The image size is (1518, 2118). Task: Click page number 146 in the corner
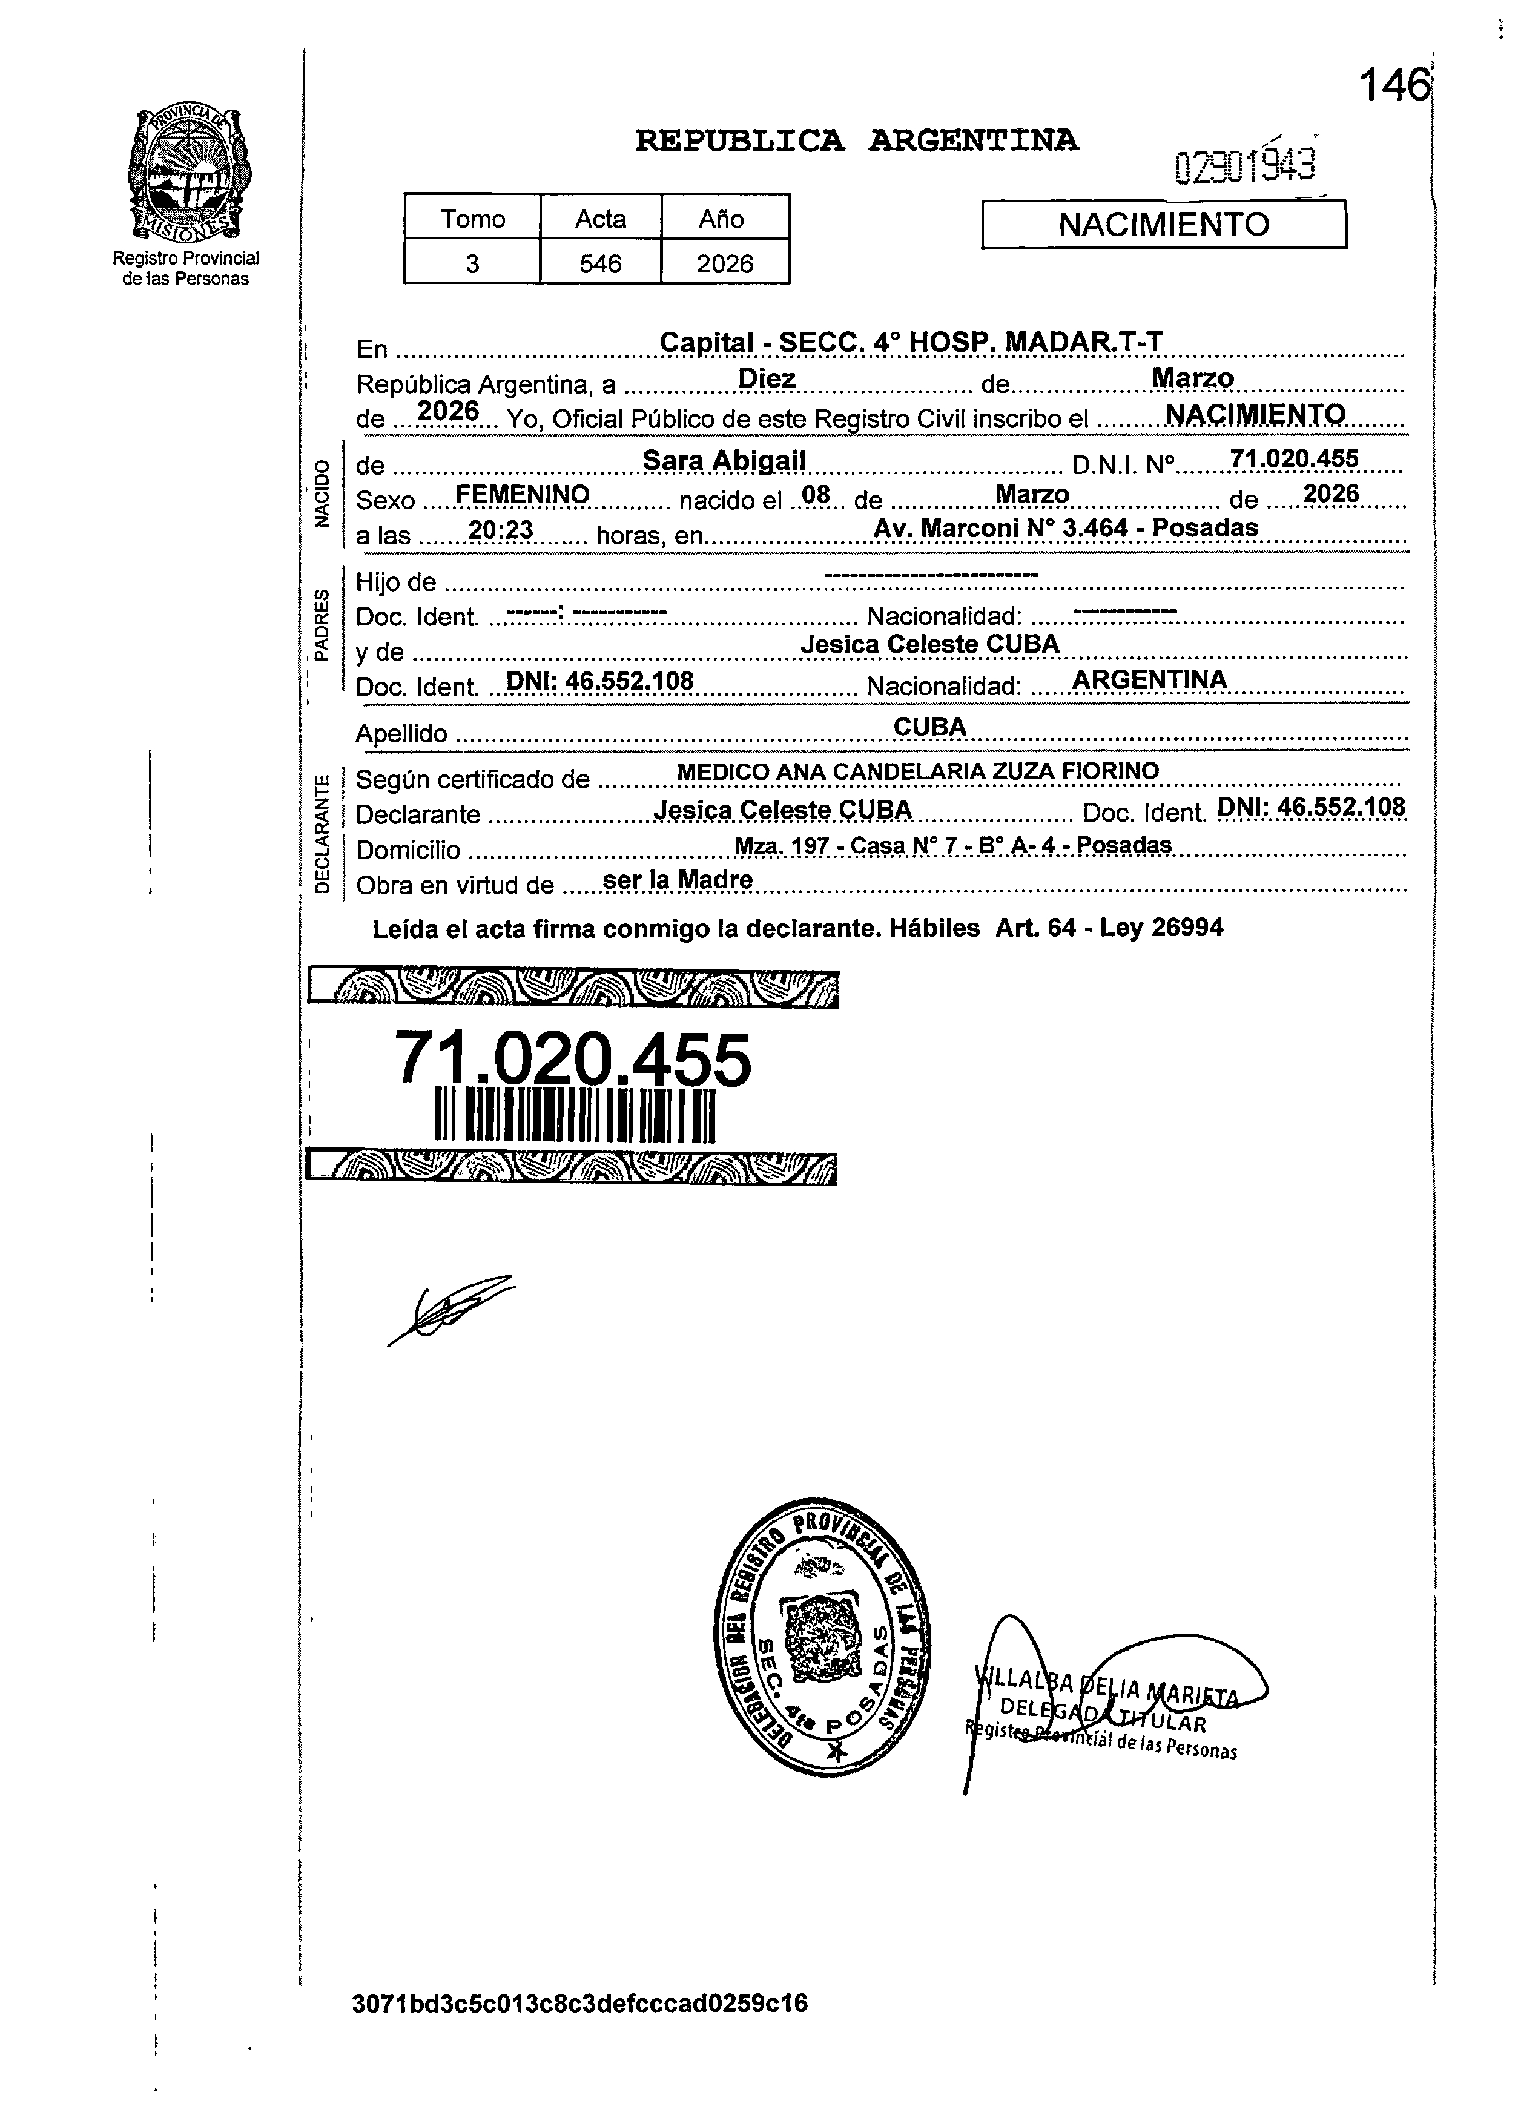pos(1394,87)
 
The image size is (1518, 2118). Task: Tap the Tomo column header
pos(473,219)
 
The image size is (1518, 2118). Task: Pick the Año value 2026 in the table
pos(725,264)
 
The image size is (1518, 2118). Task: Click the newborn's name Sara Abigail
pos(724,460)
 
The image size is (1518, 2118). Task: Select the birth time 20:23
pos(501,530)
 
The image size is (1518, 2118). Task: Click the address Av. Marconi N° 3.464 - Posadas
pos(1065,527)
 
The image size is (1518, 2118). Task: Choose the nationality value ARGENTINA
pos(1149,680)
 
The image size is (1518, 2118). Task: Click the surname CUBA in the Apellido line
pos(929,727)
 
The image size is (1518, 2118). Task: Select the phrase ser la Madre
pos(678,880)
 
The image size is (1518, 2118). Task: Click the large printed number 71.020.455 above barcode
pos(573,1060)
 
